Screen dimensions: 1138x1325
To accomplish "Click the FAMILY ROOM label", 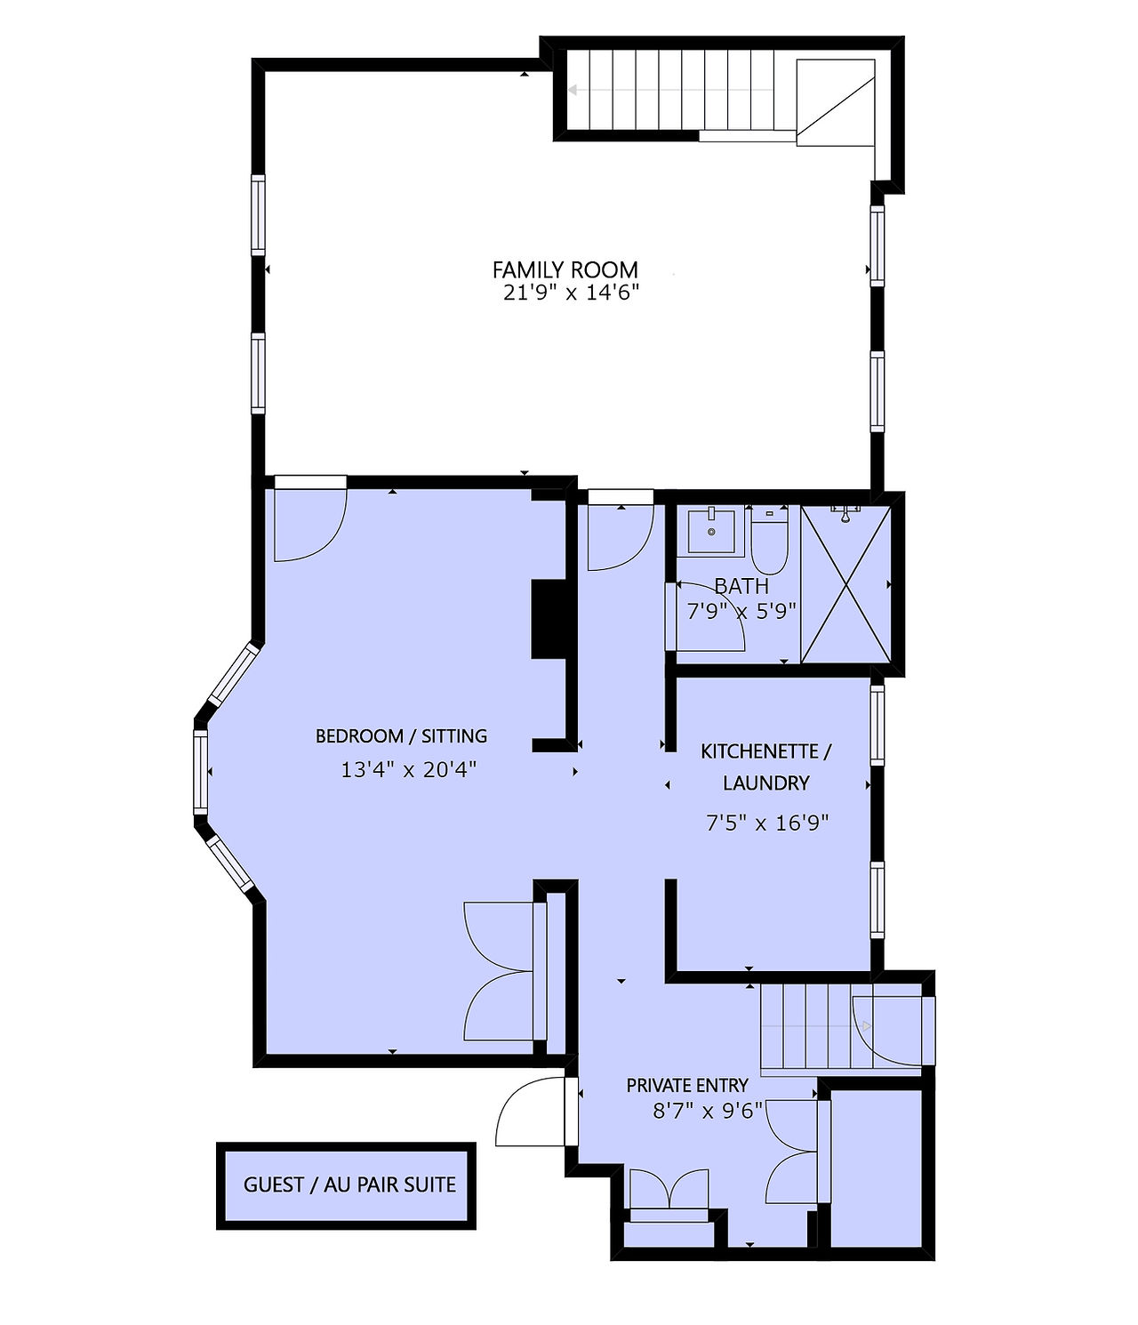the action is click(x=565, y=269).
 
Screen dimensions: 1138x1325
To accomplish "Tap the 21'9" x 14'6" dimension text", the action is click(x=572, y=293).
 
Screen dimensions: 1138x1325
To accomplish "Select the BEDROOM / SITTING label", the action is click(x=401, y=736).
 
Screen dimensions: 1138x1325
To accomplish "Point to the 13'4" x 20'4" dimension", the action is click(x=409, y=769).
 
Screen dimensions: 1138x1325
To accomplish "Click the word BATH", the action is click(x=741, y=586).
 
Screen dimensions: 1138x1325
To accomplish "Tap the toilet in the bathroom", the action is click(x=770, y=539).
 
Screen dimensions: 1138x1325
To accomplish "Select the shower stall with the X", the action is click(x=845, y=584).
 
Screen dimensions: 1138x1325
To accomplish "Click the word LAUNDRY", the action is click(x=766, y=783).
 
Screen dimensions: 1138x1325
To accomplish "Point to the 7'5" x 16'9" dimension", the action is click(x=767, y=823).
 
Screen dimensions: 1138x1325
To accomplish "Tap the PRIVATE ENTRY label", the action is click(x=687, y=1085).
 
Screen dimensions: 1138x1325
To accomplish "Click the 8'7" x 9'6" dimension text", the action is click(x=708, y=1111).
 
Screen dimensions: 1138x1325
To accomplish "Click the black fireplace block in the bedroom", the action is click(x=549, y=619).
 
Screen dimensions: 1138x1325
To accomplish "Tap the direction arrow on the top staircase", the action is click(x=671, y=91).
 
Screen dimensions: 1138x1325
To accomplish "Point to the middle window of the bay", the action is click(x=201, y=772).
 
